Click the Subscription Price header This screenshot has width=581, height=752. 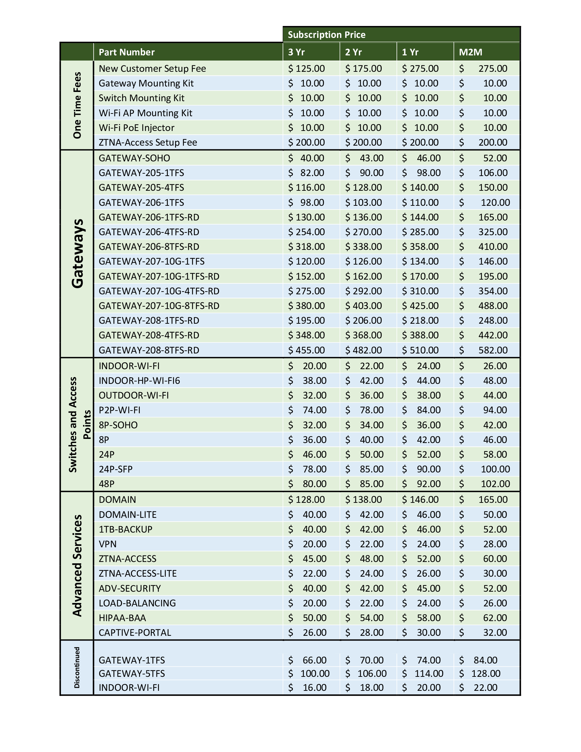coord(326,35)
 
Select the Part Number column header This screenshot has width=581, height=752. coord(127,52)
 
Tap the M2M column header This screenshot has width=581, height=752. coord(470,52)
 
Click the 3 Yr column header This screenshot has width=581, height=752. coord(296,52)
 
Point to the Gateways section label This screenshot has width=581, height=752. coord(78,253)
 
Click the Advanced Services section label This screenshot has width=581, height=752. coord(78,565)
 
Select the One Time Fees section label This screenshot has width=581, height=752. coord(78,105)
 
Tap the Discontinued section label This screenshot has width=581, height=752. coord(77,667)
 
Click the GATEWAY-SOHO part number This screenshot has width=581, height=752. coord(134,158)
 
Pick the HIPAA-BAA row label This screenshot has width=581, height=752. coord(122,618)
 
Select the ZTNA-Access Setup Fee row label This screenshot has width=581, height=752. coord(148,142)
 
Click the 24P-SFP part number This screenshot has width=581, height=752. coord(115,469)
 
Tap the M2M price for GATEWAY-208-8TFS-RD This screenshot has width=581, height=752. coord(492,350)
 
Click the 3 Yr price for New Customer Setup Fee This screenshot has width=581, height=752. coord(306,68)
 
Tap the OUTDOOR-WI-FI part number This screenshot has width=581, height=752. coord(134,395)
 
